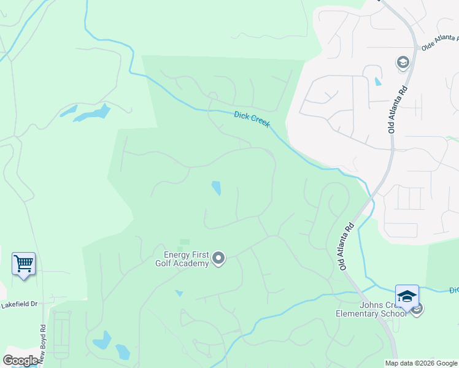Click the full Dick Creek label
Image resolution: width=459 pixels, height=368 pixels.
click(x=252, y=118)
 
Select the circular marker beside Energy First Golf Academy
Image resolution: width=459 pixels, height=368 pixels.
click(x=219, y=259)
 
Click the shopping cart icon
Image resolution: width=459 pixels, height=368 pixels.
click(x=23, y=264)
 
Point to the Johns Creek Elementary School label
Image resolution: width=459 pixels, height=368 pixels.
click(x=371, y=309)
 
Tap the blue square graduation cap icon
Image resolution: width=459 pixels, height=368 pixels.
click(x=407, y=296)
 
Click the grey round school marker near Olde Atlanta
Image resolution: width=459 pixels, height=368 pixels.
click(x=403, y=63)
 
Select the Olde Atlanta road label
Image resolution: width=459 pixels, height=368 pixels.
click(x=439, y=45)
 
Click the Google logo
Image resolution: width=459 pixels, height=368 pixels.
click(x=20, y=361)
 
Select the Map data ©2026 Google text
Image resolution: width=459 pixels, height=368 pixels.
click(x=421, y=363)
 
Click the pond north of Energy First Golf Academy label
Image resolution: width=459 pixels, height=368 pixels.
click(x=216, y=188)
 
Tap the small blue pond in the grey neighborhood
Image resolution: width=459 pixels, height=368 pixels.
click(x=377, y=81)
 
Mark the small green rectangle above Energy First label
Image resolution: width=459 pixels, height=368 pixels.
click(x=184, y=242)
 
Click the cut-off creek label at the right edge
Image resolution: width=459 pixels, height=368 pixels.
click(x=453, y=289)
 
